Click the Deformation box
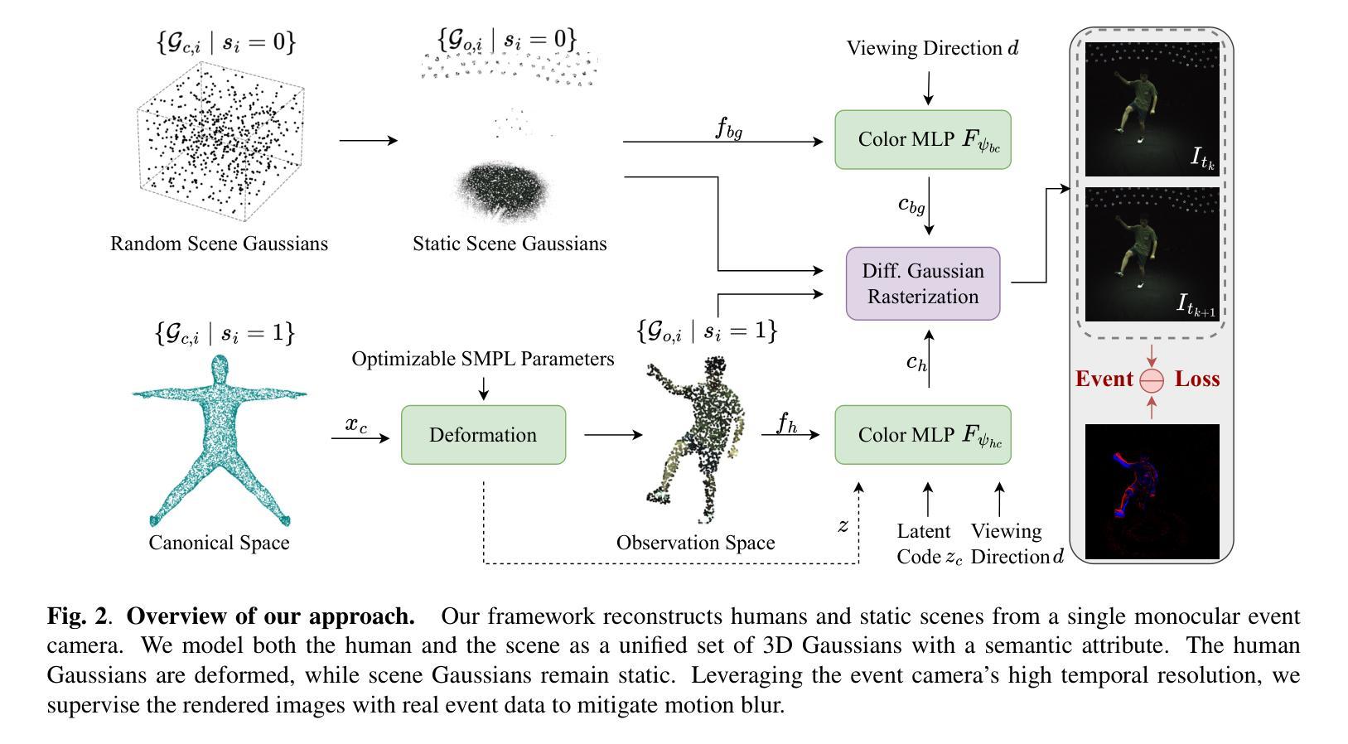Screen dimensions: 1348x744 [483, 435]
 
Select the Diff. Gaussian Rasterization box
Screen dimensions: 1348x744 [922, 283]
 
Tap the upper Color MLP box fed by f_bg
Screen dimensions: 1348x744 [922, 140]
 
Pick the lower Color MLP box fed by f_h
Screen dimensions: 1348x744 [922, 435]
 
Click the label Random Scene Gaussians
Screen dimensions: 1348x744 [219, 244]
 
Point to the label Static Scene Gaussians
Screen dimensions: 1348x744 [510, 244]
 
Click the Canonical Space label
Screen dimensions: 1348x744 [219, 543]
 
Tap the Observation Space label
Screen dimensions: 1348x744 [696, 543]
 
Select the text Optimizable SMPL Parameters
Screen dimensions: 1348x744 [483, 359]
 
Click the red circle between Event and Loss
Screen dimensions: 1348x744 [1152, 380]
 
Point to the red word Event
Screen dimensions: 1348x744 [1104, 379]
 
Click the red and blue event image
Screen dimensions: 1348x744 [1152, 491]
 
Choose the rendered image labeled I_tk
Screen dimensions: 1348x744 [1152, 109]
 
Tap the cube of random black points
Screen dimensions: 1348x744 [220, 141]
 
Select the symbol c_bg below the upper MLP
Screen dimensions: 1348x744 [911, 205]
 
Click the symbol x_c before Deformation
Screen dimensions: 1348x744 [356, 424]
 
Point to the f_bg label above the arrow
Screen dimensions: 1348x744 [729, 128]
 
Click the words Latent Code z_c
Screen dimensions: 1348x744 [929, 544]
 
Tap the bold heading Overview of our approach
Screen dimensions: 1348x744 [271, 616]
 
